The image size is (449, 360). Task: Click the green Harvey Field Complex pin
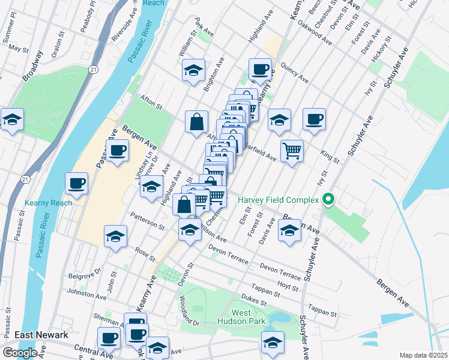point(328,200)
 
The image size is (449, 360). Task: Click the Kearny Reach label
point(49,203)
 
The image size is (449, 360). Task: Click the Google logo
point(20,353)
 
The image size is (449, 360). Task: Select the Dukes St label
point(253,296)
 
